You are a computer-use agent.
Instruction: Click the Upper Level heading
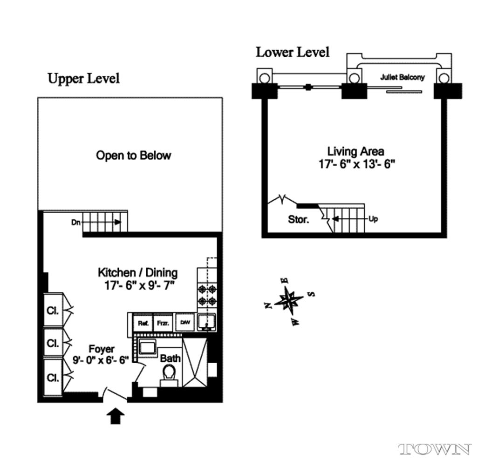coord(84,79)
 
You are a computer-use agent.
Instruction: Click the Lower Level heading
coord(293,52)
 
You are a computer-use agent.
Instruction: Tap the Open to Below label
coord(134,156)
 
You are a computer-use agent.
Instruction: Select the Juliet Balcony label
coord(402,77)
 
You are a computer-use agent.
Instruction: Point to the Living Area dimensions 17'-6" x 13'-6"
coord(356,164)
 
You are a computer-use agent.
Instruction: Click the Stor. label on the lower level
coord(298,219)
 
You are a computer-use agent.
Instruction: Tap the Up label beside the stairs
coord(373,219)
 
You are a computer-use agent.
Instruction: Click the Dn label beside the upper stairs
coord(76,222)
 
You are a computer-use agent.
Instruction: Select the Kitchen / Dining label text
coord(138,272)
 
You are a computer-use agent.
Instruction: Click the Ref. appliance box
coord(143,323)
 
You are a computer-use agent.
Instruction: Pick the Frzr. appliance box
coord(163,323)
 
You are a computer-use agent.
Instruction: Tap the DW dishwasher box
coord(185,322)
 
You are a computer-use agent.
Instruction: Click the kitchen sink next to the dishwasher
coord(206,322)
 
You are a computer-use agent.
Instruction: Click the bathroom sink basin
coord(148,346)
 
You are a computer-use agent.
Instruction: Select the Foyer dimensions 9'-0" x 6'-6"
coord(101,360)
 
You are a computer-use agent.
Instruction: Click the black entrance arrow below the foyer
coord(116,416)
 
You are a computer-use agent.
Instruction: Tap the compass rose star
coord(288,301)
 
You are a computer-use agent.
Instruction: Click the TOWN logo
coord(435,449)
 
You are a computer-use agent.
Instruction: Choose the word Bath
coord(170,359)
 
